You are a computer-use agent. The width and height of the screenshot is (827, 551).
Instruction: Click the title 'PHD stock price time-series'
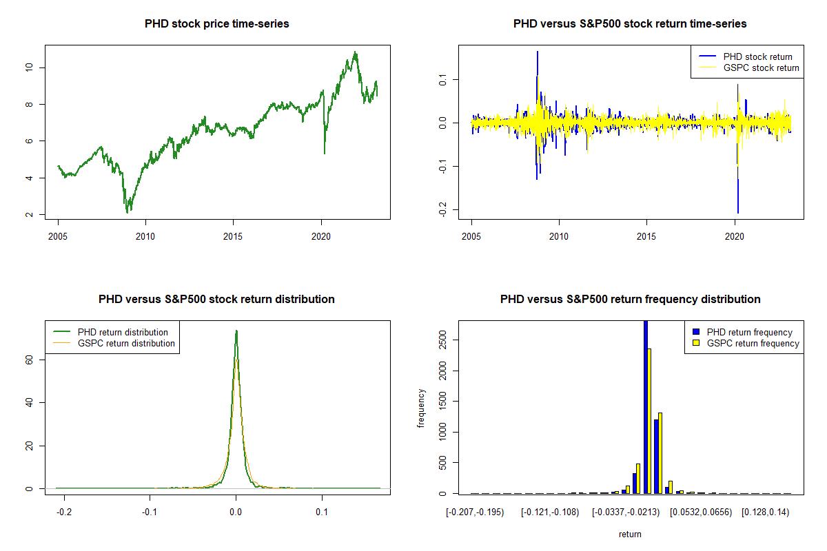point(216,24)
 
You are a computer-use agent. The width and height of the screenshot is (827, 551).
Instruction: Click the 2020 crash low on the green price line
point(325,153)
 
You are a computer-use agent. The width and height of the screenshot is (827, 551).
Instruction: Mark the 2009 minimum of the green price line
point(128,211)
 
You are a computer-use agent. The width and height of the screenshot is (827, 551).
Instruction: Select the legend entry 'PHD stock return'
point(757,56)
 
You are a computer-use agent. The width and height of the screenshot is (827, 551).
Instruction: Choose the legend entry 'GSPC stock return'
point(761,67)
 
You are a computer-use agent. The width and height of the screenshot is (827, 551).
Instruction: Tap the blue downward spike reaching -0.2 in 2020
point(738,211)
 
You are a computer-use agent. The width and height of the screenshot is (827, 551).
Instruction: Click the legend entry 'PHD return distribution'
point(123,332)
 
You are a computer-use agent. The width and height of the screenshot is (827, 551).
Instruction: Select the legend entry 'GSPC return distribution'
point(126,343)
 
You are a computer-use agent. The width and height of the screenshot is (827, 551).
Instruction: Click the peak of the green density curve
point(236,331)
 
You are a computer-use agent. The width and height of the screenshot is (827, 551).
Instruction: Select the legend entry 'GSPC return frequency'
point(753,343)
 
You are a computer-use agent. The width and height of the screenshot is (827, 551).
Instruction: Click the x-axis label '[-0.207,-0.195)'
point(475,512)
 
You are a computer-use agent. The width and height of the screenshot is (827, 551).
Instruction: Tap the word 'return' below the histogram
point(630,534)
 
